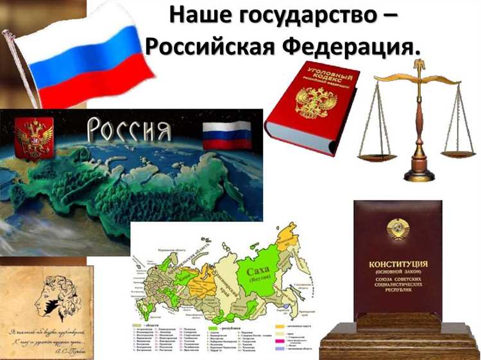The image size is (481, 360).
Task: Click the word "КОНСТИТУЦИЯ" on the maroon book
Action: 398,264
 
